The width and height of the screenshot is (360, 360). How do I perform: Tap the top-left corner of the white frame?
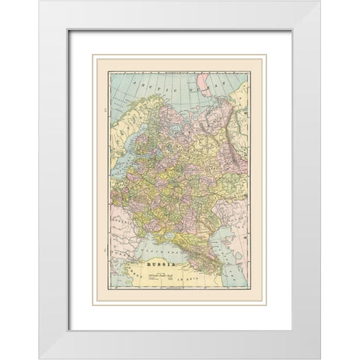(40, 2)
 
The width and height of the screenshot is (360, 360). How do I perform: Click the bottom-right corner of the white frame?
(319, 357)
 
